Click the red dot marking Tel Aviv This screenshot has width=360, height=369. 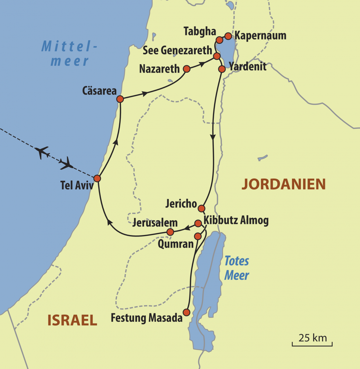[x=97, y=178]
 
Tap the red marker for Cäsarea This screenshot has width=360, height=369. [x=120, y=99]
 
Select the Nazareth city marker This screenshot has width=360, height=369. [x=186, y=69]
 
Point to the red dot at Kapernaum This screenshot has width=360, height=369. [x=228, y=36]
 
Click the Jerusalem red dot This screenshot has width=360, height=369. [x=170, y=232]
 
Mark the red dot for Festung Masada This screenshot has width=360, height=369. [x=186, y=312]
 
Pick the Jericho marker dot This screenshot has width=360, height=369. [x=201, y=208]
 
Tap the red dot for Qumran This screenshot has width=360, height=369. [x=198, y=236]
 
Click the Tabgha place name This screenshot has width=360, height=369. [x=199, y=32]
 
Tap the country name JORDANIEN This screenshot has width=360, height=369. [x=284, y=184]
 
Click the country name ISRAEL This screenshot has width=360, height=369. [x=72, y=320]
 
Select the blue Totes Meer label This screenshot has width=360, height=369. [x=237, y=268]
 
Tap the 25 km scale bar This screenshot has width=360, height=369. [x=312, y=342]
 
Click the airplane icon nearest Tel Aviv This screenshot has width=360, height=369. [x=67, y=163]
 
